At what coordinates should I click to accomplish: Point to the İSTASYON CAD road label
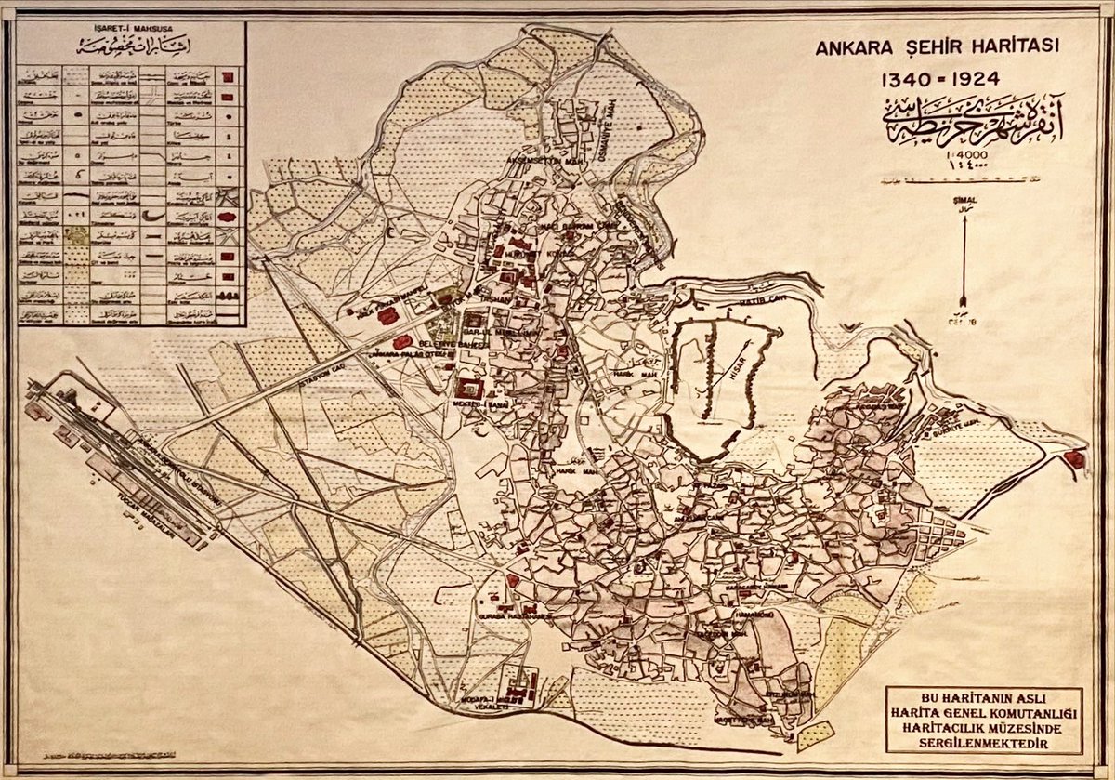(x=302, y=381)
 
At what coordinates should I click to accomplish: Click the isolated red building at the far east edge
(x=1078, y=458)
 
